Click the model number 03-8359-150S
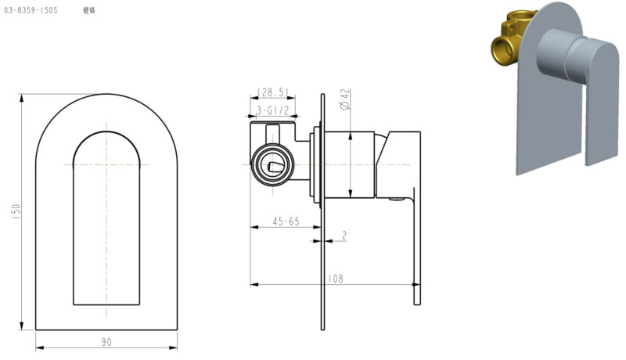(31, 12)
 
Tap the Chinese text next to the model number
(89, 12)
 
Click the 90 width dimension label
(106, 341)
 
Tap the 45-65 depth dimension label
(286, 221)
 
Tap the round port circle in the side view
(271, 165)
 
